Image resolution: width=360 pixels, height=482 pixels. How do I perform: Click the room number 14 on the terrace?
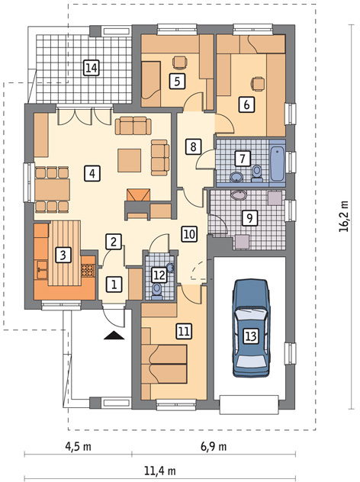(x=91, y=69)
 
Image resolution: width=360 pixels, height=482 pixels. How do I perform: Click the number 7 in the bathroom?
(x=242, y=159)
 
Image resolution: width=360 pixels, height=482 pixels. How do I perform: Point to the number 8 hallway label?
(x=194, y=145)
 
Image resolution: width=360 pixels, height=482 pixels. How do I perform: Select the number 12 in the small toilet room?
(x=159, y=274)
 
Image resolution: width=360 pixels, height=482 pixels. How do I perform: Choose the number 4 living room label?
(x=91, y=173)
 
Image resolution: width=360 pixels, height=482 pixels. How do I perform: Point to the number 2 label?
(x=113, y=242)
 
